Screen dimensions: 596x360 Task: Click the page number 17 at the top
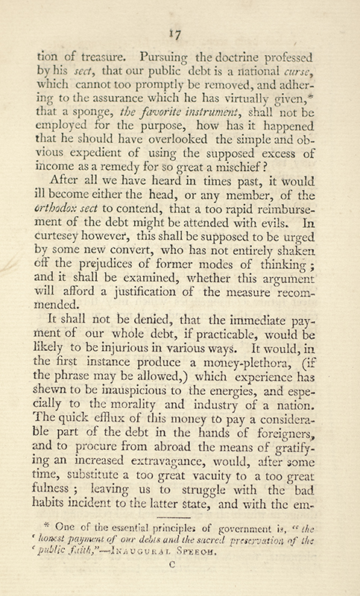coord(180,32)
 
